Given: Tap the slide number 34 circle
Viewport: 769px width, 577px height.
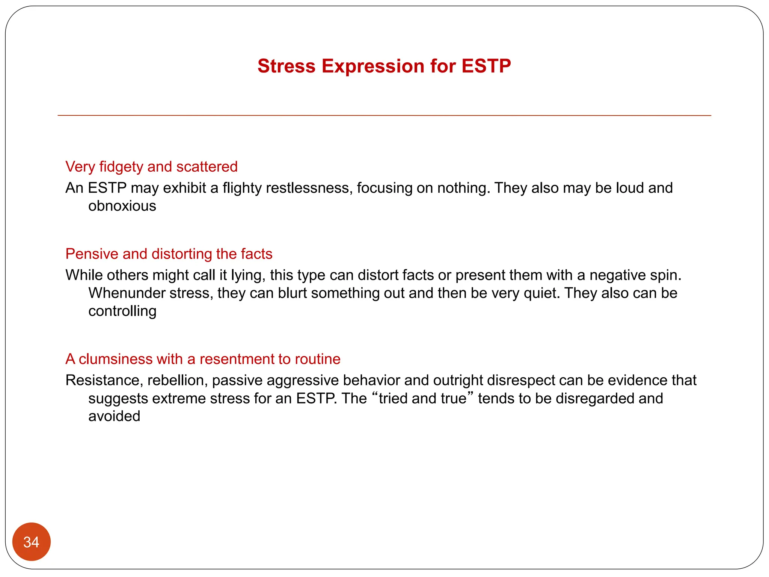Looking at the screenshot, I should (x=31, y=542).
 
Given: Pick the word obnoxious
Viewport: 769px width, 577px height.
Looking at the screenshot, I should (x=122, y=206).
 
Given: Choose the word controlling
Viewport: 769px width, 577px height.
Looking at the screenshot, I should (x=122, y=311).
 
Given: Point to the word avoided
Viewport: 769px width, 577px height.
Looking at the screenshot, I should (x=114, y=416).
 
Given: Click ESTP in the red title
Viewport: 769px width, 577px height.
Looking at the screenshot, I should (x=486, y=66).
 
